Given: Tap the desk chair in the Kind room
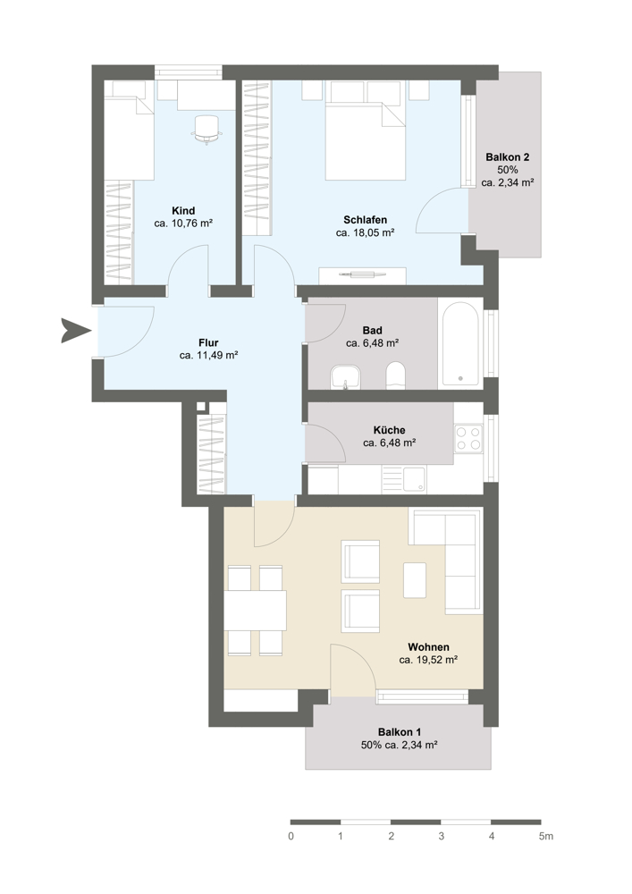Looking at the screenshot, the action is [x=206, y=130].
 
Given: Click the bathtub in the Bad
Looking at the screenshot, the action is [x=460, y=344].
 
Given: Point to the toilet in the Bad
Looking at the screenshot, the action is [x=395, y=375].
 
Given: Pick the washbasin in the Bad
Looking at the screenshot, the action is [x=345, y=378].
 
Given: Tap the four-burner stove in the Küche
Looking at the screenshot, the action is [x=468, y=438].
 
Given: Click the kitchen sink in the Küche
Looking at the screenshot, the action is [x=406, y=479].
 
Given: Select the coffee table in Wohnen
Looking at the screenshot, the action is [x=415, y=580].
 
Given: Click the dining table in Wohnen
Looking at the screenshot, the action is [x=255, y=611].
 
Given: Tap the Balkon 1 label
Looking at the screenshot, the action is [x=399, y=732].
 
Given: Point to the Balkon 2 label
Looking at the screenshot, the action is [x=507, y=156].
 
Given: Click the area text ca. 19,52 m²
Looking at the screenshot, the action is [x=428, y=661].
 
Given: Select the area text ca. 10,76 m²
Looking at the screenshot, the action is [x=183, y=223].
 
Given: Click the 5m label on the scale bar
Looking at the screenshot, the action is [x=545, y=837].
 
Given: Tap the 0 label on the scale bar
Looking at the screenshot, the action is [x=291, y=837].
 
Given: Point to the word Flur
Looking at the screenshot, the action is [x=208, y=342].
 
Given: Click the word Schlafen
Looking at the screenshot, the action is [x=366, y=220].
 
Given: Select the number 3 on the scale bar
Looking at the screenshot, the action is [x=442, y=837].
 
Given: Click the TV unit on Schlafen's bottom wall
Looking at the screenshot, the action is [x=362, y=275].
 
